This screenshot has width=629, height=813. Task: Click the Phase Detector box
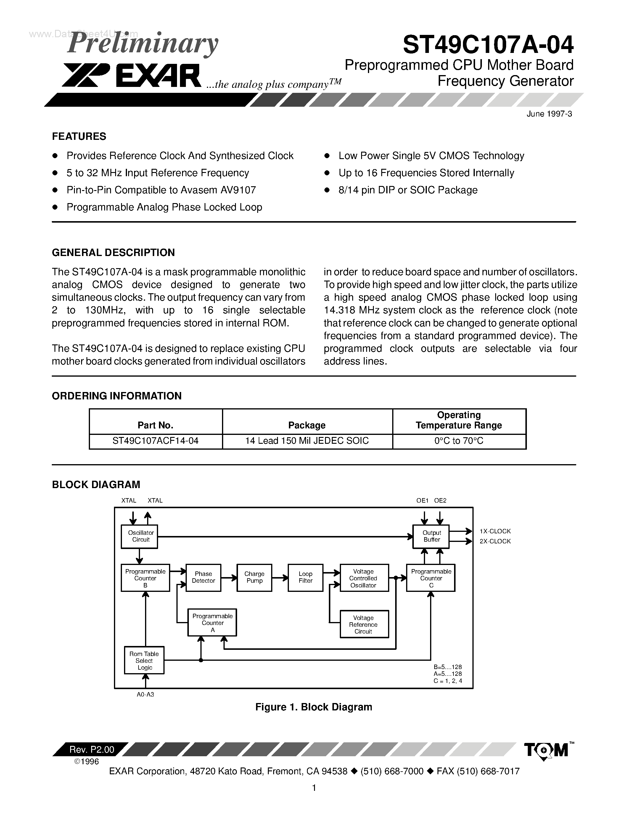click(x=203, y=577)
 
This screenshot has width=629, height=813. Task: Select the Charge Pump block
click(x=254, y=577)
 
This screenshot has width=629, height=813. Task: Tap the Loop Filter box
click(x=305, y=577)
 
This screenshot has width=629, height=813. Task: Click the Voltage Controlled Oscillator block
click(x=363, y=578)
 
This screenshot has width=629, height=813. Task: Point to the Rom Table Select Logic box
click(x=144, y=660)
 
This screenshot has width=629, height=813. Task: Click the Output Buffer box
click(x=431, y=536)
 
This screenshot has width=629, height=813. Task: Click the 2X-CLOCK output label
click(x=495, y=541)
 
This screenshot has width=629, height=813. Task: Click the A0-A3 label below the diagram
click(x=145, y=694)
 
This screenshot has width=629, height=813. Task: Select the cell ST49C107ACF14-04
click(x=155, y=441)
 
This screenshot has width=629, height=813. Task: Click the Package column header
click(x=307, y=425)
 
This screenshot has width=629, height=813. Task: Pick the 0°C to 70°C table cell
click(x=459, y=441)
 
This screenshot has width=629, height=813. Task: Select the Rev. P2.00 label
click(x=92, y=749)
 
